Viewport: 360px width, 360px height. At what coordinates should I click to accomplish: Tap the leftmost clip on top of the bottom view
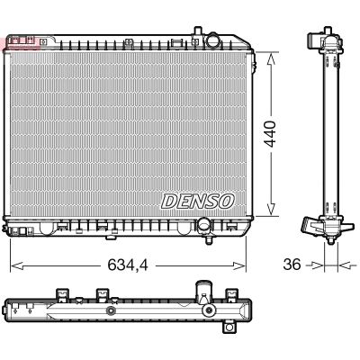pyautogui.click(x=62, y=294)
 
